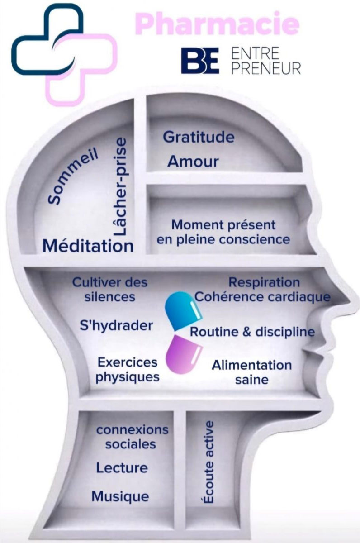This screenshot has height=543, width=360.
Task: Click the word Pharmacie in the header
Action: point(217,24)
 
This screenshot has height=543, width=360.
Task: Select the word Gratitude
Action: point(199,137)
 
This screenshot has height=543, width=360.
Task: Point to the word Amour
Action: point(193,161)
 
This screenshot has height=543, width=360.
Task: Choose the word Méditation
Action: point(88,246)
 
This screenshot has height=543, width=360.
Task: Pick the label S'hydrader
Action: point(116,325)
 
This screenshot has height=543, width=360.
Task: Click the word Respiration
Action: point(264,282)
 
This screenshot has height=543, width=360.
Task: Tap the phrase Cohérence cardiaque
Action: point(262,297)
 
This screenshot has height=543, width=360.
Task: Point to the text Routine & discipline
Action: point(252,331)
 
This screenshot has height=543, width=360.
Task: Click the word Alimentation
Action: point(252,365)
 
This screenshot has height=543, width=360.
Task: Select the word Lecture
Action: point(122,468)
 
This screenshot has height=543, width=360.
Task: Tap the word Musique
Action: point(120,496)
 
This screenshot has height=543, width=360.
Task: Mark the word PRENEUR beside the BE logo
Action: point(265,69)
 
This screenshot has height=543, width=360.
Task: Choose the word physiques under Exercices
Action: point(128,376)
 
